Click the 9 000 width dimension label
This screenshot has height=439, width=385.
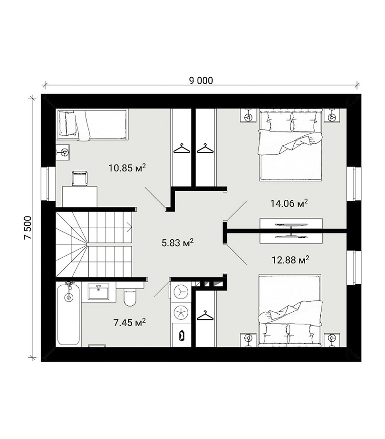201,80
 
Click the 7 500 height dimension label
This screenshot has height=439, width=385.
28,227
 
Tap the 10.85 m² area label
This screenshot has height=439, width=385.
127,168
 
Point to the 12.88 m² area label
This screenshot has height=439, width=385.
290,260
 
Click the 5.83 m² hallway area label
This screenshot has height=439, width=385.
177,243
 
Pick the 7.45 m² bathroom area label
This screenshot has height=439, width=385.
129,323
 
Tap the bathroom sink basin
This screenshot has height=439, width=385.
98,291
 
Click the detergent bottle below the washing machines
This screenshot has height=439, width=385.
182,335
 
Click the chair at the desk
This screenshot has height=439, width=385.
80,178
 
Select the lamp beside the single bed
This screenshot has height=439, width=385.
63,152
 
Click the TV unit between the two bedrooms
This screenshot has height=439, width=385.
291,231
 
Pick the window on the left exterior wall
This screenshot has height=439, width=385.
45,184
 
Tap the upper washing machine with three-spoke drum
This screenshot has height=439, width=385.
179,292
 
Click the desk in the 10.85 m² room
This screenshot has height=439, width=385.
80,196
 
